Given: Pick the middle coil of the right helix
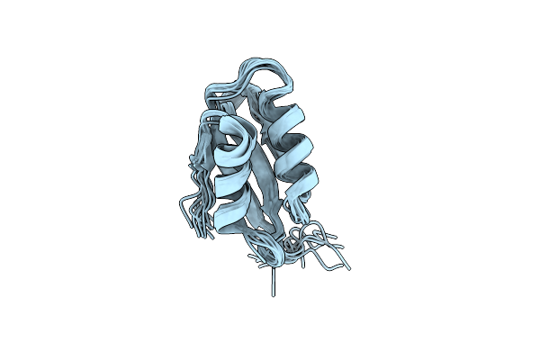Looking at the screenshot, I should click(x=301, y=148).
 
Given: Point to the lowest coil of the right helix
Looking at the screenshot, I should click(x=301, y=180).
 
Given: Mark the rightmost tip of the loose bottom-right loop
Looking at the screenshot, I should click(x=349, y=268).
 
